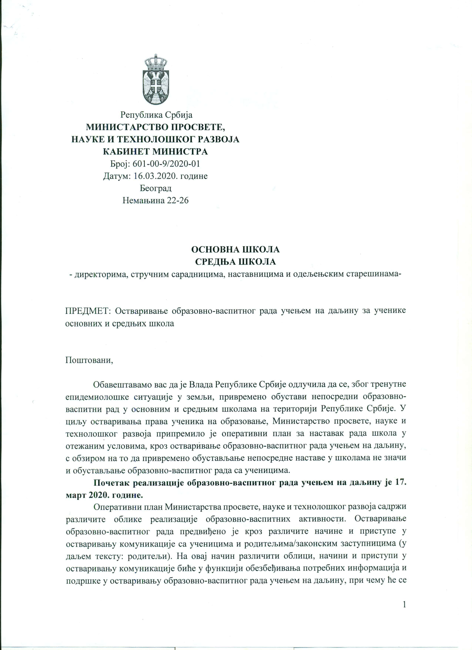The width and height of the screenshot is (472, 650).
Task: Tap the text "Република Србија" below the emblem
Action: (156, 115)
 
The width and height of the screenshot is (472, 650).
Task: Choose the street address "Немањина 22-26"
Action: (155, 200)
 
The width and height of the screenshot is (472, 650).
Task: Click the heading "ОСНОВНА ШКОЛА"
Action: (235, 250)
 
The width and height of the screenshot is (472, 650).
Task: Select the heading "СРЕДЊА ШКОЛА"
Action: (235, 262)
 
